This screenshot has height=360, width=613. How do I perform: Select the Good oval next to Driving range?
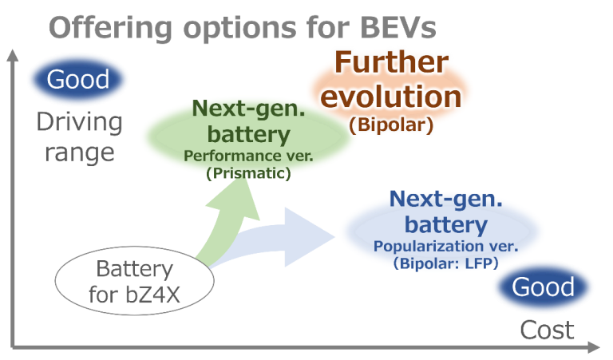78,80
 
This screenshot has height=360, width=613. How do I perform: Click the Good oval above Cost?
543,287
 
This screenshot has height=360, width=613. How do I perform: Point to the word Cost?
548,330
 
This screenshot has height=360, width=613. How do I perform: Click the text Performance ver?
247,156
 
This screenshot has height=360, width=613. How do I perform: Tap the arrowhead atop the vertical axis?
12,56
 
